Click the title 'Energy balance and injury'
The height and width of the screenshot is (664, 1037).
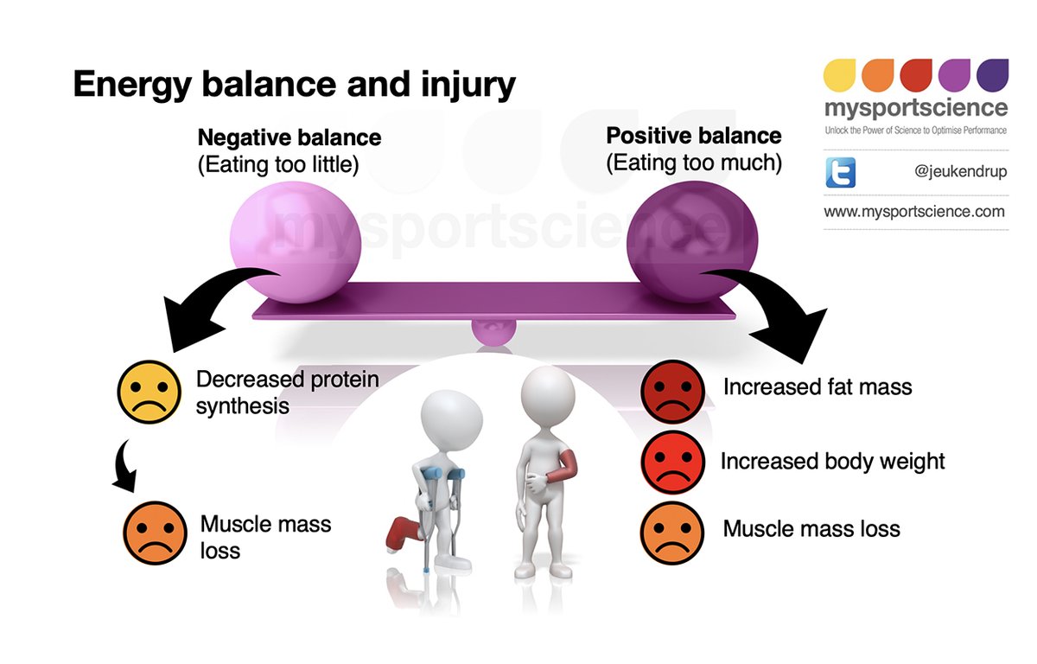[x=295, y=84]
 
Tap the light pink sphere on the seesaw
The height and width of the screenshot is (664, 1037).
[x=296, y=242]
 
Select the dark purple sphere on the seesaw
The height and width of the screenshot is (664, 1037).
[x=692, y=241]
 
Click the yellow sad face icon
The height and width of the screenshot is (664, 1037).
[x=149, y=393]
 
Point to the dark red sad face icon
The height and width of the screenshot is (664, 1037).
[x=672, y=392]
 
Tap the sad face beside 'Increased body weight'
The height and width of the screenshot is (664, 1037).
[x=672, y=462]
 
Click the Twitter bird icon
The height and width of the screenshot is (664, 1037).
[x=840, y=172]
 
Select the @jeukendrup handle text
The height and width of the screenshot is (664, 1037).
[x=960, y=171]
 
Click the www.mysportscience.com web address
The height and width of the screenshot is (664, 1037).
[x=914, y=212]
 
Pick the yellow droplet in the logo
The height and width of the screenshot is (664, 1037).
[x=839, y=75]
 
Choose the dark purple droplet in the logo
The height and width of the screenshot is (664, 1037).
[x=993, y=75]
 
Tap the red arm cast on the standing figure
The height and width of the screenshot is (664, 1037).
[x=562, y=467]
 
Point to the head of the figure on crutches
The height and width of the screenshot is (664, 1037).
[x=451, y=420]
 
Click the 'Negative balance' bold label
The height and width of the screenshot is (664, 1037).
[x=289, y=137]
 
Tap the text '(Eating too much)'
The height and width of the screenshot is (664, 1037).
[x=694, y=163]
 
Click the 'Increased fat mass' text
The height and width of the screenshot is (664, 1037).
[x=818, y=387]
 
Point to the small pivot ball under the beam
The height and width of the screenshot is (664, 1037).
[x=493, y=331]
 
